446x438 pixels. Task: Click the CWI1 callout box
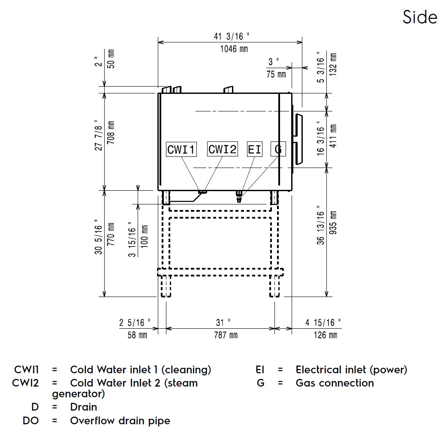point(181,150)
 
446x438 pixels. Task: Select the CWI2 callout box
point(222,149)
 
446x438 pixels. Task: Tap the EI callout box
point(255,150)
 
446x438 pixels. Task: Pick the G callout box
point(278,149)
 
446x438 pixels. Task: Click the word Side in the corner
point(420,17)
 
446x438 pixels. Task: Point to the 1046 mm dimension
point(234,48)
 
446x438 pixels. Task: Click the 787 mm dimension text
point(226,335)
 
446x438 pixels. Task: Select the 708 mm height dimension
point(111,135)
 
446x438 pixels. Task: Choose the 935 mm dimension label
point(333,228)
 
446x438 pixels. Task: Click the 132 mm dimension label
point(333,64)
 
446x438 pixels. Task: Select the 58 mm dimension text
point(137,335)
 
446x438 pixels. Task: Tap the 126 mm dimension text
point(325,335)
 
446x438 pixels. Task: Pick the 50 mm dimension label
point(111,59)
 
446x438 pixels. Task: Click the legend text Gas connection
point(334,383)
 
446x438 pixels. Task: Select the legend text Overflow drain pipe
point(120,420)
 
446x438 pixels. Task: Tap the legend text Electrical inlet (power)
point(351,369)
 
